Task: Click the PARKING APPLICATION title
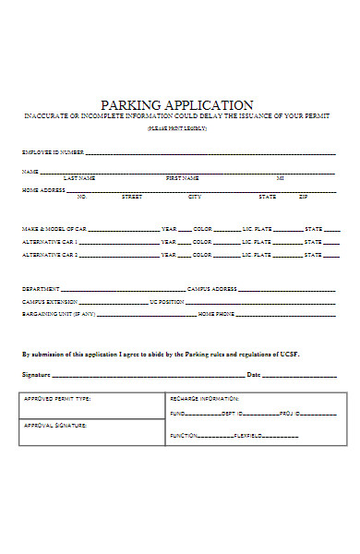[176, 105]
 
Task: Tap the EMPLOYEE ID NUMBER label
[53, 151]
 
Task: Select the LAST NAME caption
[79, 177]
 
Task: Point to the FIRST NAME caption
[182, 177]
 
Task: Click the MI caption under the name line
[280, 177]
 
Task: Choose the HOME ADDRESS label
[43, 190]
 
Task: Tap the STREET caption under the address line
[132, 197]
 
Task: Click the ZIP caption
[303, 197]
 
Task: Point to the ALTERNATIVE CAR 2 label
[50, 255]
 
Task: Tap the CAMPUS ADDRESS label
[212, 289]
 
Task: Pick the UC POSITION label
[166, 302]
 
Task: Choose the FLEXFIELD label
[249, 434]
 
